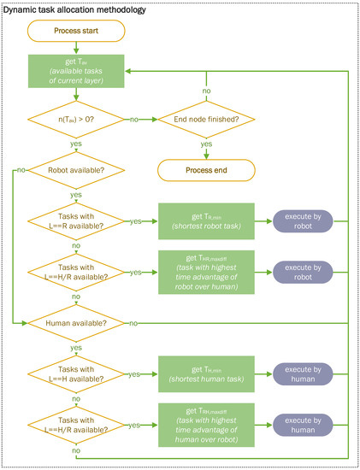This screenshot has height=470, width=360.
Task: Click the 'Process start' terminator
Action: pos(76,32)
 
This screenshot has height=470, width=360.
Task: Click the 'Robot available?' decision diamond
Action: pos(76,171)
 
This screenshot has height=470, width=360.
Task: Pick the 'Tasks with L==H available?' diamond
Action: pos(76,373)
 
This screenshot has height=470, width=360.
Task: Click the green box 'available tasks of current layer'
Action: pos(76,70)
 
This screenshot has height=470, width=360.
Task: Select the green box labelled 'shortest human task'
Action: pos(205,373)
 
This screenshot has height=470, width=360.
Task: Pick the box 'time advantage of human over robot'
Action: pos(205,422)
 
